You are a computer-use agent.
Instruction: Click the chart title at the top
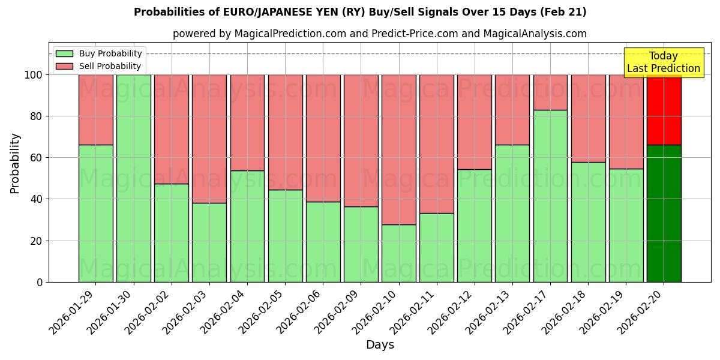click(x=360, y=12)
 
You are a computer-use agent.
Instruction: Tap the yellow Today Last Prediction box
click(x=663, y=62)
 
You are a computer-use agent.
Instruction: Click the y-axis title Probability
click(x=15, y=163)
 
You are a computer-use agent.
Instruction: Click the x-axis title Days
click(x=380, y=345)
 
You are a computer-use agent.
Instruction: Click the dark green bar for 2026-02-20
click(x=664, y=213)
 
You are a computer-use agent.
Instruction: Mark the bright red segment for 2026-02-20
click(x=664, y=110)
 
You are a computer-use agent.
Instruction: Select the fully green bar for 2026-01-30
click(x=133, y=178)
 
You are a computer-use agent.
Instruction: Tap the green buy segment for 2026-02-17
click(x=550, y=196)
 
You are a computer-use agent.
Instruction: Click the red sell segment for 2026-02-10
click(x=399, y=149)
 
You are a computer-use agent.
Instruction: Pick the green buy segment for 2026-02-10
click(x=399, y=253)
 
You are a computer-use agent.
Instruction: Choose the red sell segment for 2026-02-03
click(x=209, y=139)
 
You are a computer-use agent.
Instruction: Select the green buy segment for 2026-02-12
click(x=475, y=226)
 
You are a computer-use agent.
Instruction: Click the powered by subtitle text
click(x=380, y=34)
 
